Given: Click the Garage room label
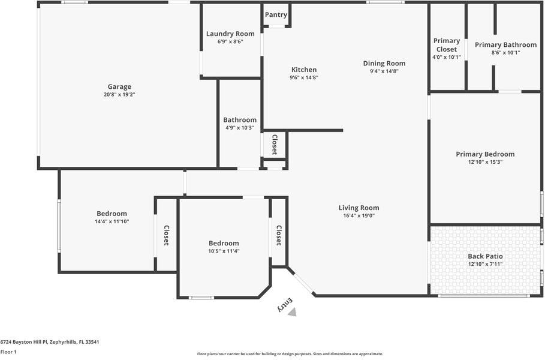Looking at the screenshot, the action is pyautogui.click(x=119, y=86).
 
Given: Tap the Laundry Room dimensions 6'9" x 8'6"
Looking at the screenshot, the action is pyautogui.click(x=230, y=41).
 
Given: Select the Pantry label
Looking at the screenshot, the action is pyautogui.click(x=276, y=14).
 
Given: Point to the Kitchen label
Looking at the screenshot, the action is pyautogui.click(x=304, y=70).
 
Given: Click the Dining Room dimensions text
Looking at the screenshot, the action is pyautogui.click(x=384, y=71).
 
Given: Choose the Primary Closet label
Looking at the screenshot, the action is pyautogui.click(x=447, y=45).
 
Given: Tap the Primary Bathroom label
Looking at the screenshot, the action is pyautogui.click(x=505, y=45).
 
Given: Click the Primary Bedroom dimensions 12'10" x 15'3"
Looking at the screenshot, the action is pyautogui.click(x=485, y=162).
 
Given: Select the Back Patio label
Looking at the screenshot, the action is pyautogui.click(x=485, y=256).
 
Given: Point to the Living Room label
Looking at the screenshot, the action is pyautogui.click(x=359, y=208).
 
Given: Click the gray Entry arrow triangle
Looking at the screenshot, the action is pyautogui.click(x=293, y=312).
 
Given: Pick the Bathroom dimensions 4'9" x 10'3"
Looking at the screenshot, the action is pyautogui.click(x=240, y=128).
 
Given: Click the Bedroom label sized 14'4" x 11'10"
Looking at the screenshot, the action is pyautogui.click(x=112, y=214).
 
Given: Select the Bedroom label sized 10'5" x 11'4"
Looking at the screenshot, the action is pyautogui.click(x=224, y=243).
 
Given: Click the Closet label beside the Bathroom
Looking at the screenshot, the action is pyautogui.click(x=275, y=145).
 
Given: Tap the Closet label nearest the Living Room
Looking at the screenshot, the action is pyautogui.click(x=279, y=235).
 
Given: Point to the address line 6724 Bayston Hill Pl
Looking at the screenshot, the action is pyautogui.click(x=50, y=342).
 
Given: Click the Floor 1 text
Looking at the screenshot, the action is pyautogui.click(x=8, y=352).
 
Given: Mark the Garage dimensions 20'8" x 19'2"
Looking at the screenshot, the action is pyautogui.click(x=119, y=94).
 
